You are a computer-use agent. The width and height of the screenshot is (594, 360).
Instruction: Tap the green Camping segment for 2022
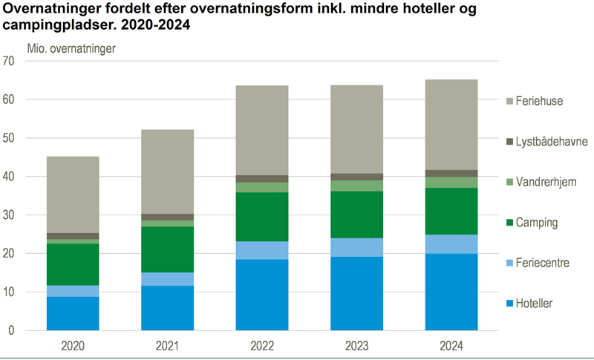coord(262,217)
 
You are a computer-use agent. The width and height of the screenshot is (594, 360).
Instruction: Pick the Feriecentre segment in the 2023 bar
coord(356,247)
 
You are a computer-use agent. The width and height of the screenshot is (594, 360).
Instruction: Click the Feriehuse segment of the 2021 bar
coord(167,171)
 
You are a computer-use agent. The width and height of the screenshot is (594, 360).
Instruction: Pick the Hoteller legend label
coord(535,304)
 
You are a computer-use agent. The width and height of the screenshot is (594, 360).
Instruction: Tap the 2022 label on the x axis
coord(262,345)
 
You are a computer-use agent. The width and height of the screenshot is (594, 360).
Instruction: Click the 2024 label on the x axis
coord(451,345)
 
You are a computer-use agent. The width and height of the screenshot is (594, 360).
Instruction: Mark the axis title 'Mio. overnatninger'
coord(71,49)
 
